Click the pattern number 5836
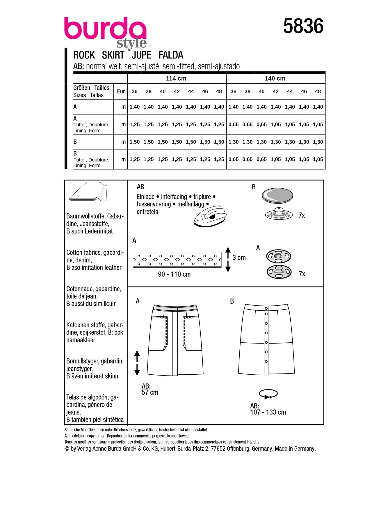click(303, 26)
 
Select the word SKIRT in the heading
click(113, 55)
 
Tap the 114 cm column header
click(176, 78)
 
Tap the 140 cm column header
click(275, 78)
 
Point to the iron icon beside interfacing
click(210, 216)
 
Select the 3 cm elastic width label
click(239, 258)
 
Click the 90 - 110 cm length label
click(174, 274)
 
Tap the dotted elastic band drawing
click(177, 260)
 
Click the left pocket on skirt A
click(158, 333)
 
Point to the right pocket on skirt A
click(192, 333)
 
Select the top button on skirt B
click(266, 314)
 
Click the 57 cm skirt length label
click(150, 392)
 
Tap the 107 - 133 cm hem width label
click(268, 412)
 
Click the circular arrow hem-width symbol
click(268, 394)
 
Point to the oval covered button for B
click(277, 195)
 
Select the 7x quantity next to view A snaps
click(302, 274)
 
